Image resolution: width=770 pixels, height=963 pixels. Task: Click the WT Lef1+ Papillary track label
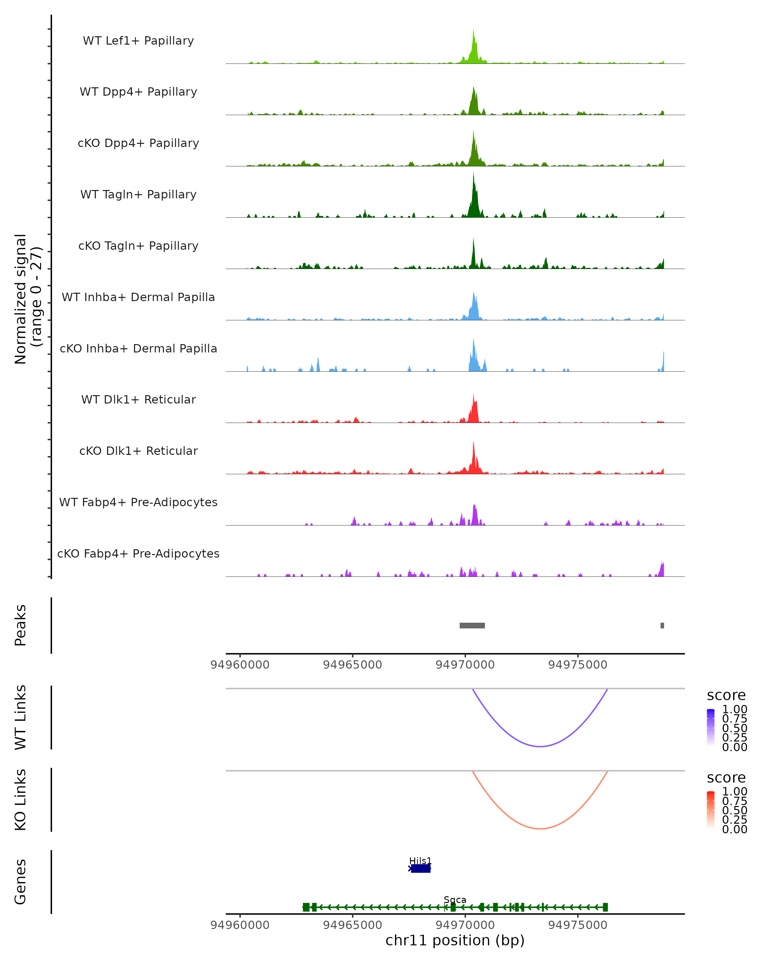138,41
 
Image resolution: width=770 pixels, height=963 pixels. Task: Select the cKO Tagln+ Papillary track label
138,246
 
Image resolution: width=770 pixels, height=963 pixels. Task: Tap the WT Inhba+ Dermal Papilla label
138,297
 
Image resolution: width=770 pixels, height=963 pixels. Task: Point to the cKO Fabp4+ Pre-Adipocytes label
138,553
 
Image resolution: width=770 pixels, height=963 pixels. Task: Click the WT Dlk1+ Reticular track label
138,399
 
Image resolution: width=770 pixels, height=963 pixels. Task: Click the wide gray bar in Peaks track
472,625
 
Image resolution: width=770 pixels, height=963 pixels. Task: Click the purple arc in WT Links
540,746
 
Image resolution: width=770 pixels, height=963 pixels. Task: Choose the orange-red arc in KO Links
540,829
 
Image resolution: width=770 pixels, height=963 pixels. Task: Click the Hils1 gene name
421,861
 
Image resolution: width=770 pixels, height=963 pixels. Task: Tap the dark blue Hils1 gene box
421,868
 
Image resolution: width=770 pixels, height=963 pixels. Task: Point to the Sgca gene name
455,899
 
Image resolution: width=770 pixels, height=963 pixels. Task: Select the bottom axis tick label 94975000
577,924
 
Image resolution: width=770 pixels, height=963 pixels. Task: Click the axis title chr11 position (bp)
455,940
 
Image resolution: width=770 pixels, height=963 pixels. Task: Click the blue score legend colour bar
711,727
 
